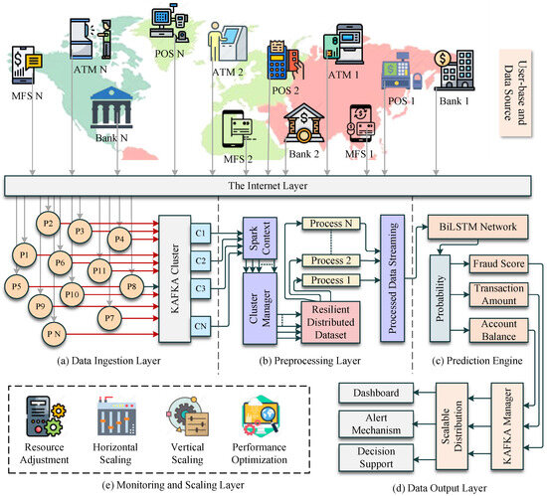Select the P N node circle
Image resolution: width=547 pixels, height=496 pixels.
coord(59,335)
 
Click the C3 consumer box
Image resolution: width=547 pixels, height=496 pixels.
coord(228,289)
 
